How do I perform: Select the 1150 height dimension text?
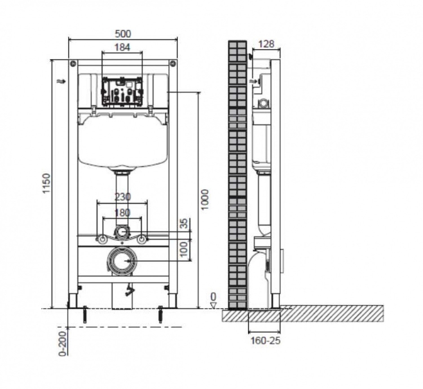coord(47,183)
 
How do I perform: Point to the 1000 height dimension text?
coord(204,199)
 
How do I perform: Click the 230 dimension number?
coord(122,197)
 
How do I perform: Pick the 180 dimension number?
coord(122,213)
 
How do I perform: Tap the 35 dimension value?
coord(184,224)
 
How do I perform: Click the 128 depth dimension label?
coord(266,44)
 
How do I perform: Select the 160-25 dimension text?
coord(265,347)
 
